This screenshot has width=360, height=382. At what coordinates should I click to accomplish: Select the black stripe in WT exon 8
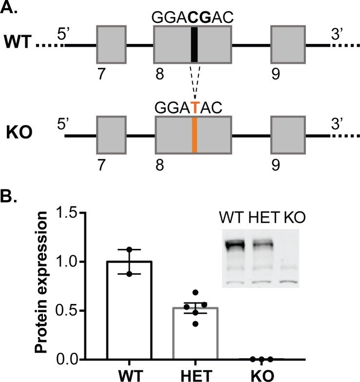194,44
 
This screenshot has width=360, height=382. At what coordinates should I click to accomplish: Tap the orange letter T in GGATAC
195,107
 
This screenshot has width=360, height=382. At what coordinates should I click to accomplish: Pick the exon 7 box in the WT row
111,44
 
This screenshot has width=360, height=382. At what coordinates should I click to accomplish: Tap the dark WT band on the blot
236,244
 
